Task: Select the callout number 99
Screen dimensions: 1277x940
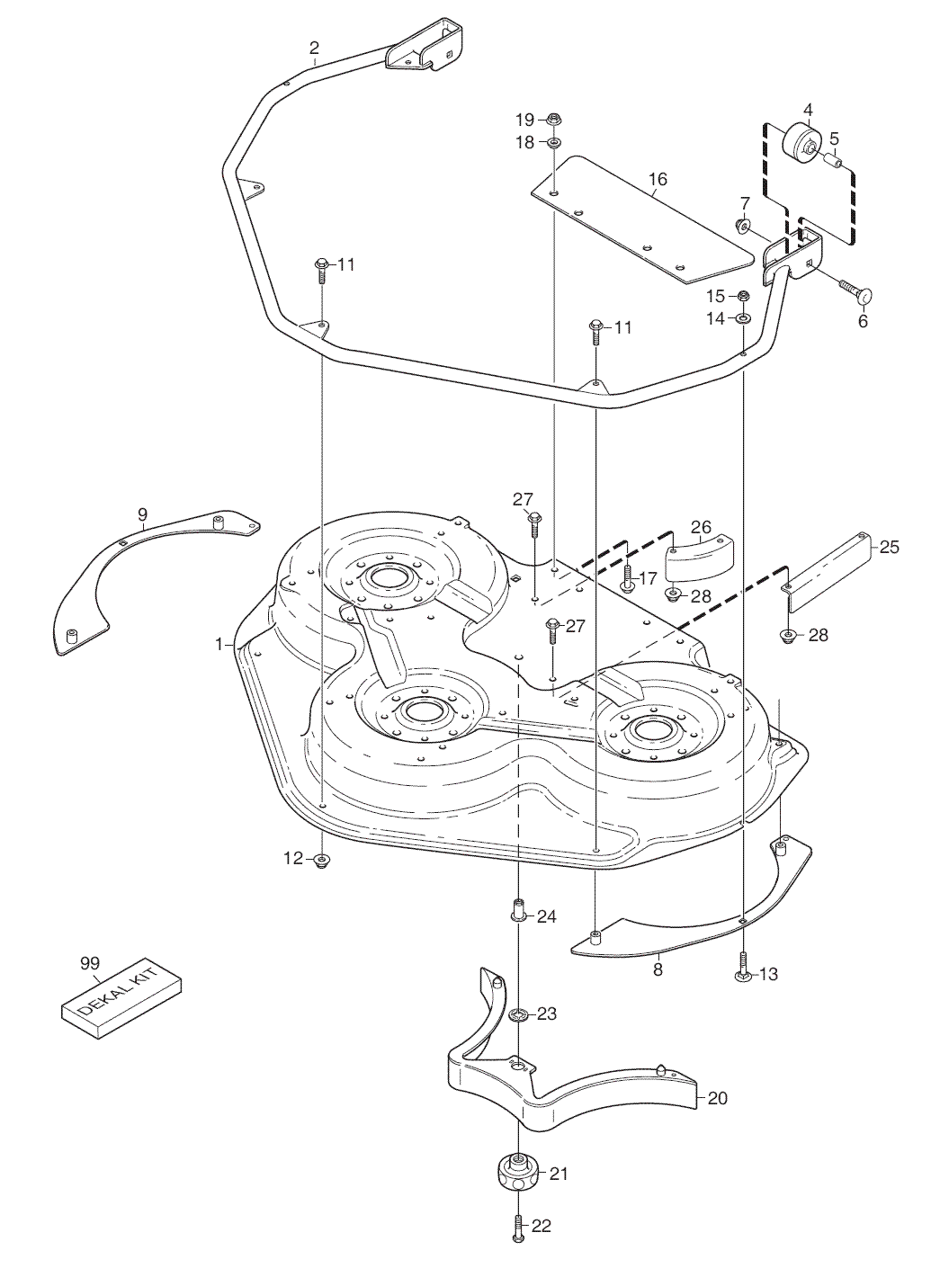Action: pos(89,963)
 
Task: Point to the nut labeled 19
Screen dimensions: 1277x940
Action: pos(553,119)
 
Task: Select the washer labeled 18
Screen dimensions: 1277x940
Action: pos(553,143)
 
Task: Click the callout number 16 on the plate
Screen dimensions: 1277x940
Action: pos(658,180)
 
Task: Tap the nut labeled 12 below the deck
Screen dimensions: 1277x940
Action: pos(322,861)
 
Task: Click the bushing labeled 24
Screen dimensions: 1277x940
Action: pos(519,910)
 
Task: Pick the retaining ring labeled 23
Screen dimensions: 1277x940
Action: pos(519,1015)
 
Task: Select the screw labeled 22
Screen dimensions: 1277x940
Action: pos(518,1228)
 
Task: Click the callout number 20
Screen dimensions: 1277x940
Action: pos(718,1098)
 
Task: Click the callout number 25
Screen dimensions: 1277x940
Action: pos(889,546)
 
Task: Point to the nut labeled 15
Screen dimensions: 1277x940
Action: pos(744,296)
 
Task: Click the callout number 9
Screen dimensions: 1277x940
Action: pos(143,514)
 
